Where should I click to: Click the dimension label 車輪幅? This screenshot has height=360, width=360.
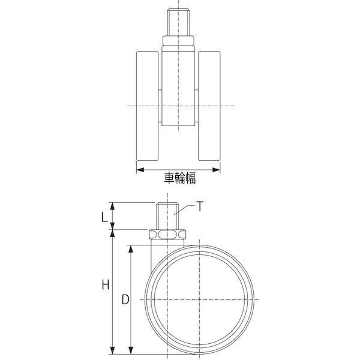tap(180, 178)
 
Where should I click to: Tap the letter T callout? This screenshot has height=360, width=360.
tap(200, 206)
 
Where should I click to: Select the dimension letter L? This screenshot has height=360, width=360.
tap(104, 217)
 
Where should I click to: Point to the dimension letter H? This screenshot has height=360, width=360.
tap(106, 285)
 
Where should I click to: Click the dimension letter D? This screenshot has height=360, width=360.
tap(125, 299)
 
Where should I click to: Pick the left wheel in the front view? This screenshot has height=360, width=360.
tap(148, 106)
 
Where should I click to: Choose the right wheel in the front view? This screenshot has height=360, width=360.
tap(209, 106)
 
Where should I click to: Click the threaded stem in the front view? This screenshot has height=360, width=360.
tap(178, 22)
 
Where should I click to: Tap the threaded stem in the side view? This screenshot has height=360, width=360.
tap(167, 216)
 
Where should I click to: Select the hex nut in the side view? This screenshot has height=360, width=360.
tap(167, 234)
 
